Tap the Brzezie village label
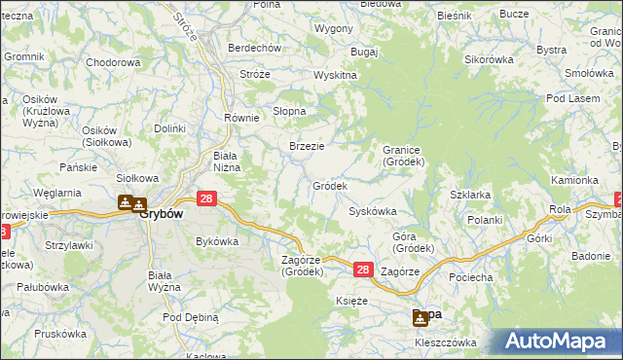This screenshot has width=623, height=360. coord(307,146)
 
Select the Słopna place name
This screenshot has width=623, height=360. coord(288,110)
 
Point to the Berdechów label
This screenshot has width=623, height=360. coord(254,48)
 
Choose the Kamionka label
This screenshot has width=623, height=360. coord(574,180)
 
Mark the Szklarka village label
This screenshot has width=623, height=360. coord(470,195)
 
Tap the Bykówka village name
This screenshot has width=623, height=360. coord(217,240)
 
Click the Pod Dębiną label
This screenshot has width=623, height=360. coord(191,317)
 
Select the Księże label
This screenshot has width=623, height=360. coord(350,302)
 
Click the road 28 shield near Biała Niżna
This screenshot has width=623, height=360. coord(206,198)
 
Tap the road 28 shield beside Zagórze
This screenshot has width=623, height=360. coord(362,270)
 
